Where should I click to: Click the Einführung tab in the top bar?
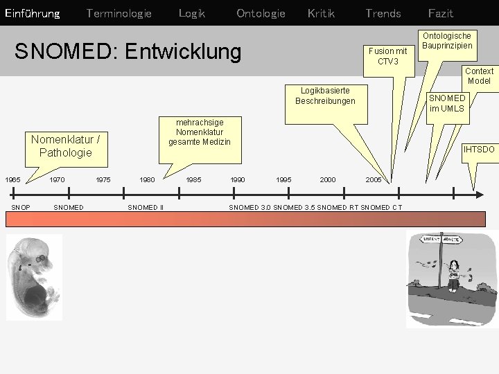pos(32,13)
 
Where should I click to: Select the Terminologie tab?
pos(119,13)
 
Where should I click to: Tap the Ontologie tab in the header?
pos(261,13)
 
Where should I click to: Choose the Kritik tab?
pos(321,13)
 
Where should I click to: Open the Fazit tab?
pos(441,13)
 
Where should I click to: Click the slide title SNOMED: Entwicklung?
pos(128,51)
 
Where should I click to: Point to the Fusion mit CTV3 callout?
pos(388,55)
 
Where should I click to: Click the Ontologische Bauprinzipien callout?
pos(447,40)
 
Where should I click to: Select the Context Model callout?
pos(479,75)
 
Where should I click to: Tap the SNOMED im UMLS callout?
pos(446,103)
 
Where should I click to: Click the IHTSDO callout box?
pos(479,149)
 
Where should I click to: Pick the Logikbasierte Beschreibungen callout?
pos(325,96)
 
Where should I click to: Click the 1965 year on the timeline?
pos(12,179)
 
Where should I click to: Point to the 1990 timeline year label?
pos(238,179)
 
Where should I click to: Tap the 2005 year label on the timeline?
pos(374,179)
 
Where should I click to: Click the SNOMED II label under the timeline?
pos(146,207)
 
